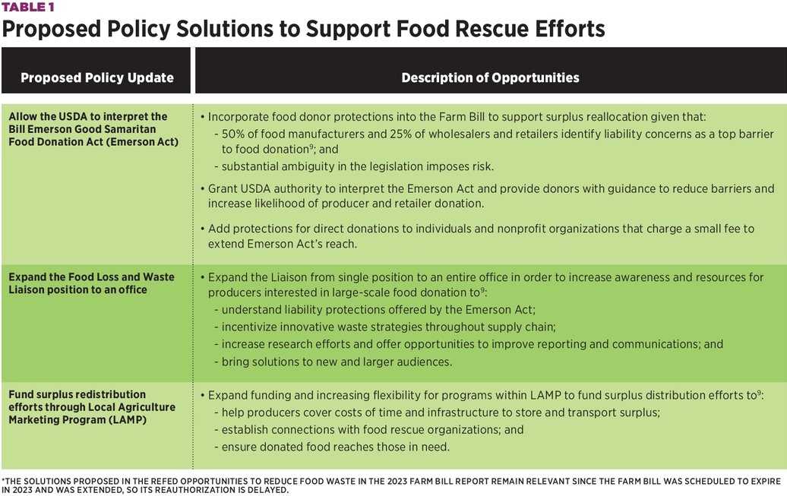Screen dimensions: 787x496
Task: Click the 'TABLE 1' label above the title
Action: [x=28, y=7]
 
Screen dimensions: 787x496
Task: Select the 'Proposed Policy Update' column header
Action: [x=97, y=77]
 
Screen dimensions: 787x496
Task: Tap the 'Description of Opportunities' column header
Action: [x=490, y=77]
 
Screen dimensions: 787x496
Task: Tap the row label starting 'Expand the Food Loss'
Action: [x=91, y=283]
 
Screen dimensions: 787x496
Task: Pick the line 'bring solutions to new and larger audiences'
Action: [x=337, y=362]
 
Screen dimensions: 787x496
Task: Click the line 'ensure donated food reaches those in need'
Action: [x=335, y=447]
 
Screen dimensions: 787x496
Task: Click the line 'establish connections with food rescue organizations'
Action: [x=372, y=430]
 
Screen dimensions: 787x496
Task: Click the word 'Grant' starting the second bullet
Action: [x=223, y=189]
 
